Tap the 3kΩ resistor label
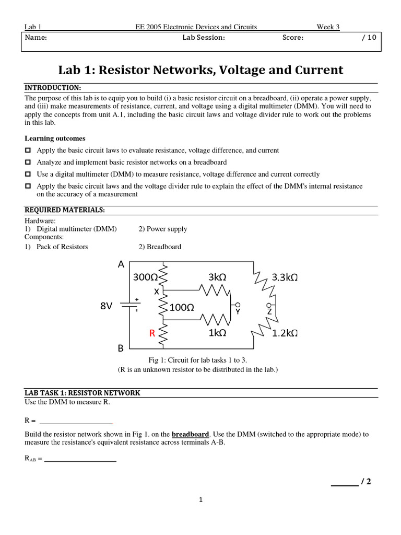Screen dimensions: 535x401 point(217,277)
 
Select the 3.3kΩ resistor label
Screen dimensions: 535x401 point(285,277)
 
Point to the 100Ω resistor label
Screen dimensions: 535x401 point(182,308)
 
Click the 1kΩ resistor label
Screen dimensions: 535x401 point(217,333)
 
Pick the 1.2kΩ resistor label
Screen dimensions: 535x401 point(285,333)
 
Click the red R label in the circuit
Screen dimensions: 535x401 point(152,333)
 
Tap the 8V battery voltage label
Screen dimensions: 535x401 point(107,306)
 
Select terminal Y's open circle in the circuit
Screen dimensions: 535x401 point(238,305)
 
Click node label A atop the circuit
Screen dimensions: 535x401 point(121,264)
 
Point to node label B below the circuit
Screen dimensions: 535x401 point(121,348)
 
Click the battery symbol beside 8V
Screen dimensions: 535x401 point(131,305)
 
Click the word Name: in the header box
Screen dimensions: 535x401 point(36,38)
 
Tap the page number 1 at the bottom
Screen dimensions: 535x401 point(200,500)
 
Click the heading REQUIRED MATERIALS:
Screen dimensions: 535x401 point(65,210)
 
